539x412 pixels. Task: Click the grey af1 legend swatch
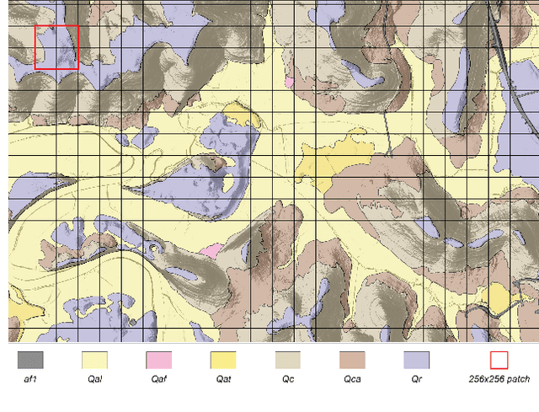pyautogui.click(x=29, y=360)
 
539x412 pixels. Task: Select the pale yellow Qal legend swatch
pyautogui.click(x=94, y=360)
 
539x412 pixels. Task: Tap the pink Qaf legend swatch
pyautogui.click(x=158, y=360)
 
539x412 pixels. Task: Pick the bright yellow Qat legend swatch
pyautogui.click(x=223, y=360)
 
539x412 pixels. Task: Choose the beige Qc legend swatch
pyautogui.click(x=287, y=360)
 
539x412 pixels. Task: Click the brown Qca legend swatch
pyautogui.click(x=352, y=360)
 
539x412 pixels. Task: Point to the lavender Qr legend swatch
pyautogui.click(x=416, y=360)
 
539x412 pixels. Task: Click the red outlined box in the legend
pyautogui.click(x=499, y=360)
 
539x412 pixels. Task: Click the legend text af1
pyautogui.click(x=29, y=379)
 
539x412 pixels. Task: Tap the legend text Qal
pyautogui.click(x=94, y=379)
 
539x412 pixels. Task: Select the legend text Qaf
pyautogui.click(x=158, y=379)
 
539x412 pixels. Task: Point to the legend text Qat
pyautogui.click(x=223, y=379)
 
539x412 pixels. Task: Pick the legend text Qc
pyautogui.click(x=287, y=379)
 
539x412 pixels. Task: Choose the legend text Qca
pyautogui.click(x=352, y=379)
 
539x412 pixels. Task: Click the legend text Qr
pyautogui.click(x=416, y=379)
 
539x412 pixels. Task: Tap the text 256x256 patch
pyautogui.click(x=499, y=379)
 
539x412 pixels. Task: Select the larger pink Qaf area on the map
pyautogui.click(x=211, y=250)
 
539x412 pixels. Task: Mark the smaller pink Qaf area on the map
pyautogui.click(x=290, y=83)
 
